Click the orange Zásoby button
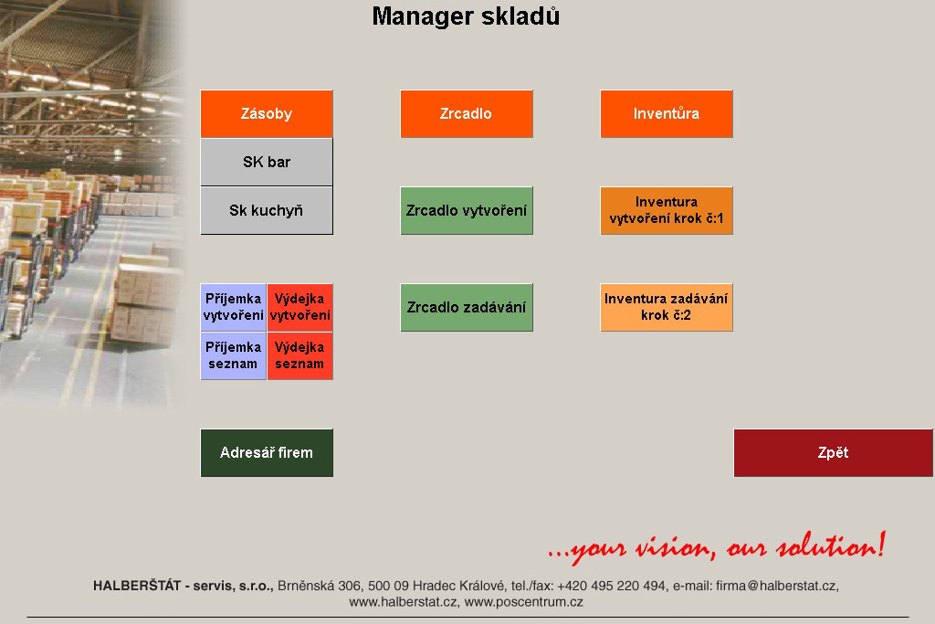pyautogui.click(x=267, y=114)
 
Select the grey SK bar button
pyautogui.click(x=267, y=163)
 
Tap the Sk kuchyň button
pyautogui.click(x=267, y=210)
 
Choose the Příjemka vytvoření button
pyautogui.click(x=233, y=307)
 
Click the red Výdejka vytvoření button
pyautogui.click(x=299, y=307)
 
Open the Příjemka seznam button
pyautogui.click(x=233, y=355)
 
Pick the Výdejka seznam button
pyautogui.click(x=299, y=355)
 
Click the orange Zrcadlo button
pyautogui.click(x=467, y=114)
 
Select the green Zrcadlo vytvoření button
pyautogui.click(x=467, y=210)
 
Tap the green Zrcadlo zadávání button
pyautogui.click(x=467, y=307)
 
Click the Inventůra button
pyautogui.click(x=666, y=114)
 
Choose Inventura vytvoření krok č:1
pyautogui.click(x=666, y=210)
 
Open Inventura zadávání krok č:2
pyautogui.click(x=666, y=307)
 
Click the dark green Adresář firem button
pyautogui.click(x=267, y=453)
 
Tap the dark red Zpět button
pyautogui.click(x=833, y=453)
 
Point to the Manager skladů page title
pyautogui.click(x=466, y=16)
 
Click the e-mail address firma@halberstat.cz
pyautogui.click(x=777, y=586)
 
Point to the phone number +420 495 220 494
pyautogui.click(x=611, y=586)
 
